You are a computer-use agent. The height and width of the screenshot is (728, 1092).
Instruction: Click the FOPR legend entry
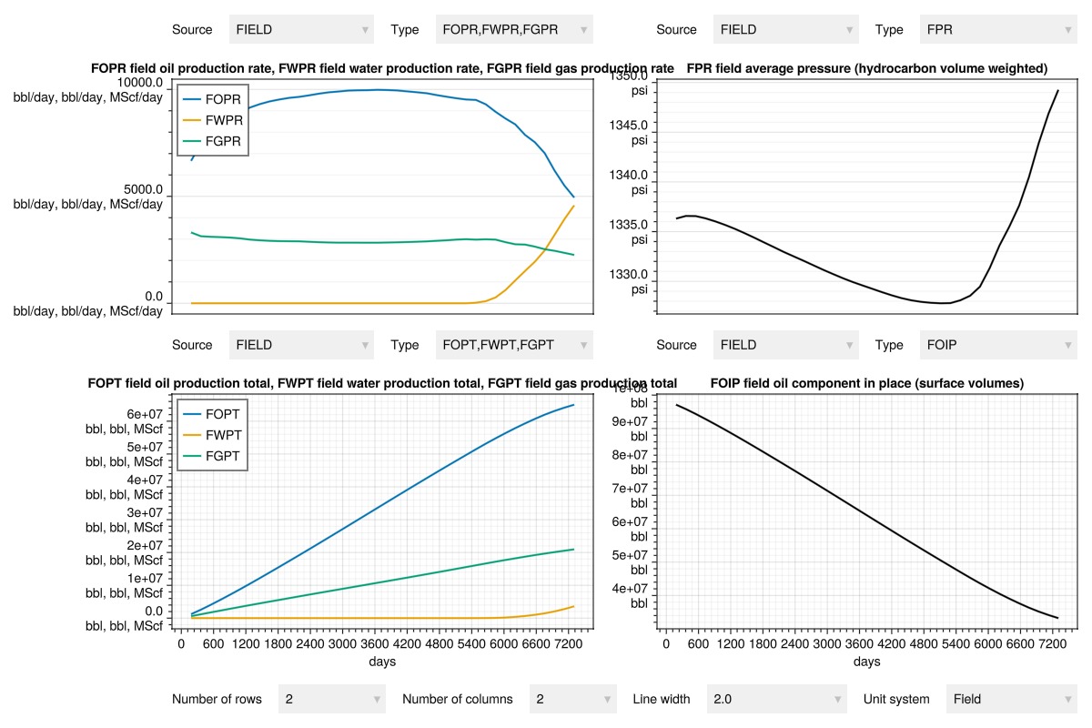click(212, 99)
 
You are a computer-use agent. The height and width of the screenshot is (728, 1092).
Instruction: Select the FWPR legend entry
click(213, 120)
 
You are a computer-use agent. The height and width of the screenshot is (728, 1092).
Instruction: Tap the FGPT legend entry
click(211, 456)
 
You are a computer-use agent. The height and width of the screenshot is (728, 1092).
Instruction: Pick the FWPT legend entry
click(213, 435)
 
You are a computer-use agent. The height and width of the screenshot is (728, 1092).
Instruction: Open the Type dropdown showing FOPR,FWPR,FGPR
click(514, 29)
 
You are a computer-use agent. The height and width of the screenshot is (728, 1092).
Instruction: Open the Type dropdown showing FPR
click(998, 29)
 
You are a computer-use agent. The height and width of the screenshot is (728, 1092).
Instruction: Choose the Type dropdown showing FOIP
click(998, 345)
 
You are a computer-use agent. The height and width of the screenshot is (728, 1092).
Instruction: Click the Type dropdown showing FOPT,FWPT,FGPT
click(514, 345)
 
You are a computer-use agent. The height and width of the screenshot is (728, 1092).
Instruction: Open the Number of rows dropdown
click(332, 699)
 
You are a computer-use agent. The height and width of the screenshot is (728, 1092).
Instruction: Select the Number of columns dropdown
click(572, 699)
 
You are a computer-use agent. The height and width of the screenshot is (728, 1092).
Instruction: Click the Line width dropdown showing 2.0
click(776, 699)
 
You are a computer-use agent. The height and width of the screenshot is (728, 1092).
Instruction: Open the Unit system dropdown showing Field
click(1012, 699)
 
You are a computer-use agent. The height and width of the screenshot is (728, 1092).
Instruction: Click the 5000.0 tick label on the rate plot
click(143, 189)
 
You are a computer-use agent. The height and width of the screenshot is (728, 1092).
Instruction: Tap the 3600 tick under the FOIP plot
click(859, 643)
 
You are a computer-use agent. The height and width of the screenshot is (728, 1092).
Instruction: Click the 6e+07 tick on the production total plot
click(145, 414)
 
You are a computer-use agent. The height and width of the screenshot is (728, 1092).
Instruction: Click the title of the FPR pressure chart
click(866, 68)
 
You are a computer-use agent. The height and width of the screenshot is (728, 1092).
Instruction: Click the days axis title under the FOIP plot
click(866, 662)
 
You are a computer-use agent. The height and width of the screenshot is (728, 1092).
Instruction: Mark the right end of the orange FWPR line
click(574, 206)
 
